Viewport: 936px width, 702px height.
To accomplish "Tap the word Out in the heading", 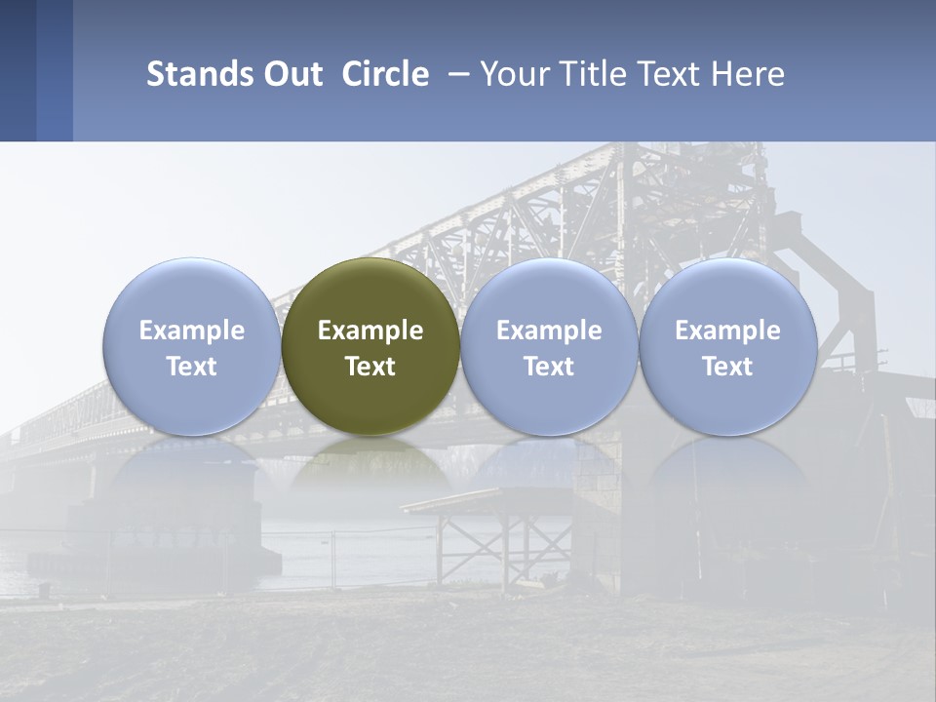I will click(291, 74).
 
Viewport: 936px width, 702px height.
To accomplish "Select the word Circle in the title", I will click(385, 74).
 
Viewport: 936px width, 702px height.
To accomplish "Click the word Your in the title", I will click(510, 74).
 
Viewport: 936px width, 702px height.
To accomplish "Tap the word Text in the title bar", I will click(669, 74).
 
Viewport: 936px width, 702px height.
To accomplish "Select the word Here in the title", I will click(749, 74).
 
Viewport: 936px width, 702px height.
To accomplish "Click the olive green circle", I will click(370, 292).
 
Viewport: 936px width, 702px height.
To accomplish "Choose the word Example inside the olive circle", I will click(370, 331).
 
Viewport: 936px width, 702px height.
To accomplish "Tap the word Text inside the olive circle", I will click(370, 367).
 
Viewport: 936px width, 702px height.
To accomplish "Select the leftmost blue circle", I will click(191, 292).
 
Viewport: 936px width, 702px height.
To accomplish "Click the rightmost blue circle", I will click(728, 292).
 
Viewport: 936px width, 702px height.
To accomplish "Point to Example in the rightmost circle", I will click(728, 331).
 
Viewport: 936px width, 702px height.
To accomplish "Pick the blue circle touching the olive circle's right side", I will click(549, 292).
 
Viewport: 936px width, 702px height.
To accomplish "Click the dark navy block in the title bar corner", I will click(18, 70).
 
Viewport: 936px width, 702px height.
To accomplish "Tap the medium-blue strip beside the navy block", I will click(55, 70).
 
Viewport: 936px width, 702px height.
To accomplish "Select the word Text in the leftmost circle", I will click(191, 367).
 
